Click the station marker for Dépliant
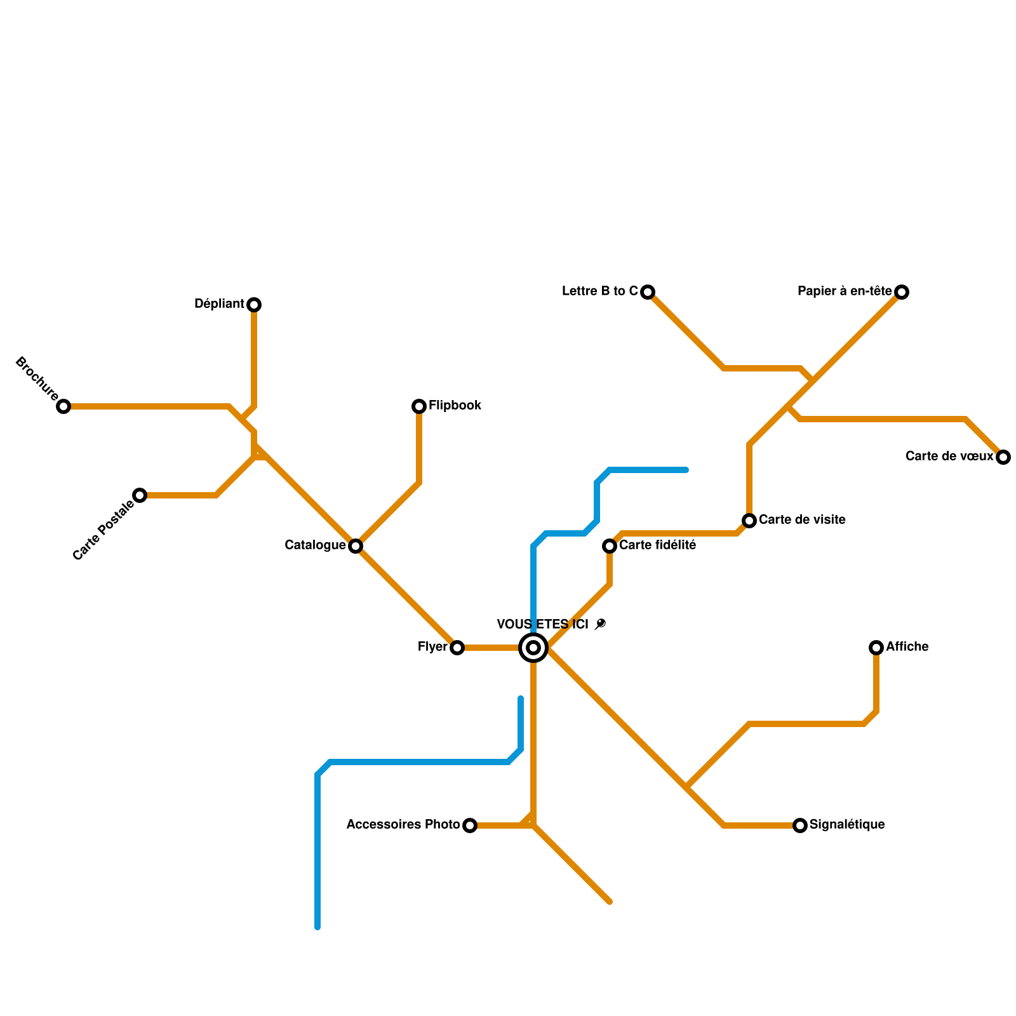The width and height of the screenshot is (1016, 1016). [254, 305]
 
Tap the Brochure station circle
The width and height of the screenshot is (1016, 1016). [63, 406]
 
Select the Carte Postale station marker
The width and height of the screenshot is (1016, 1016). [140, 495]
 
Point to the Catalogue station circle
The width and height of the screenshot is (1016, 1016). [356, 546]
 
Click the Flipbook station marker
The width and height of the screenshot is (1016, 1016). [419, 406]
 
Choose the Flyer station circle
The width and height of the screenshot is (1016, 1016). [457, 648]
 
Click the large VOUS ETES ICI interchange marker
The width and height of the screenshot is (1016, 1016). [533, 648]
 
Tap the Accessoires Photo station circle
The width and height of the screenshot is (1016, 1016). [470, 825]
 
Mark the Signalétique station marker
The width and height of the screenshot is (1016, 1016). [800, 825]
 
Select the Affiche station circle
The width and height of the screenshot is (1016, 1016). [876, 648]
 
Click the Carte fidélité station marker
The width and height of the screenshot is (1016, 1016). [610, 546]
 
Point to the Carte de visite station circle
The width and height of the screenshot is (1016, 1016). [749, 521]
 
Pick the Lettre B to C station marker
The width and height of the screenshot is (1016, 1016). [648, 292]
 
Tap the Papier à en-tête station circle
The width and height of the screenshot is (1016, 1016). [902, 292]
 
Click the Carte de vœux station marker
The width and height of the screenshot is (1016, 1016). [1003, 457]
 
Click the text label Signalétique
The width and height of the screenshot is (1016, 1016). [847, 825]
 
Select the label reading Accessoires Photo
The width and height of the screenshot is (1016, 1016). [403, 825]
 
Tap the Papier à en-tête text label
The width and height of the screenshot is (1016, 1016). [845, 291]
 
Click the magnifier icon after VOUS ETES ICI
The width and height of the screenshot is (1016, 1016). [600, 624]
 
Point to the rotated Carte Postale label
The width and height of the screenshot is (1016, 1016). [104, 530]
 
